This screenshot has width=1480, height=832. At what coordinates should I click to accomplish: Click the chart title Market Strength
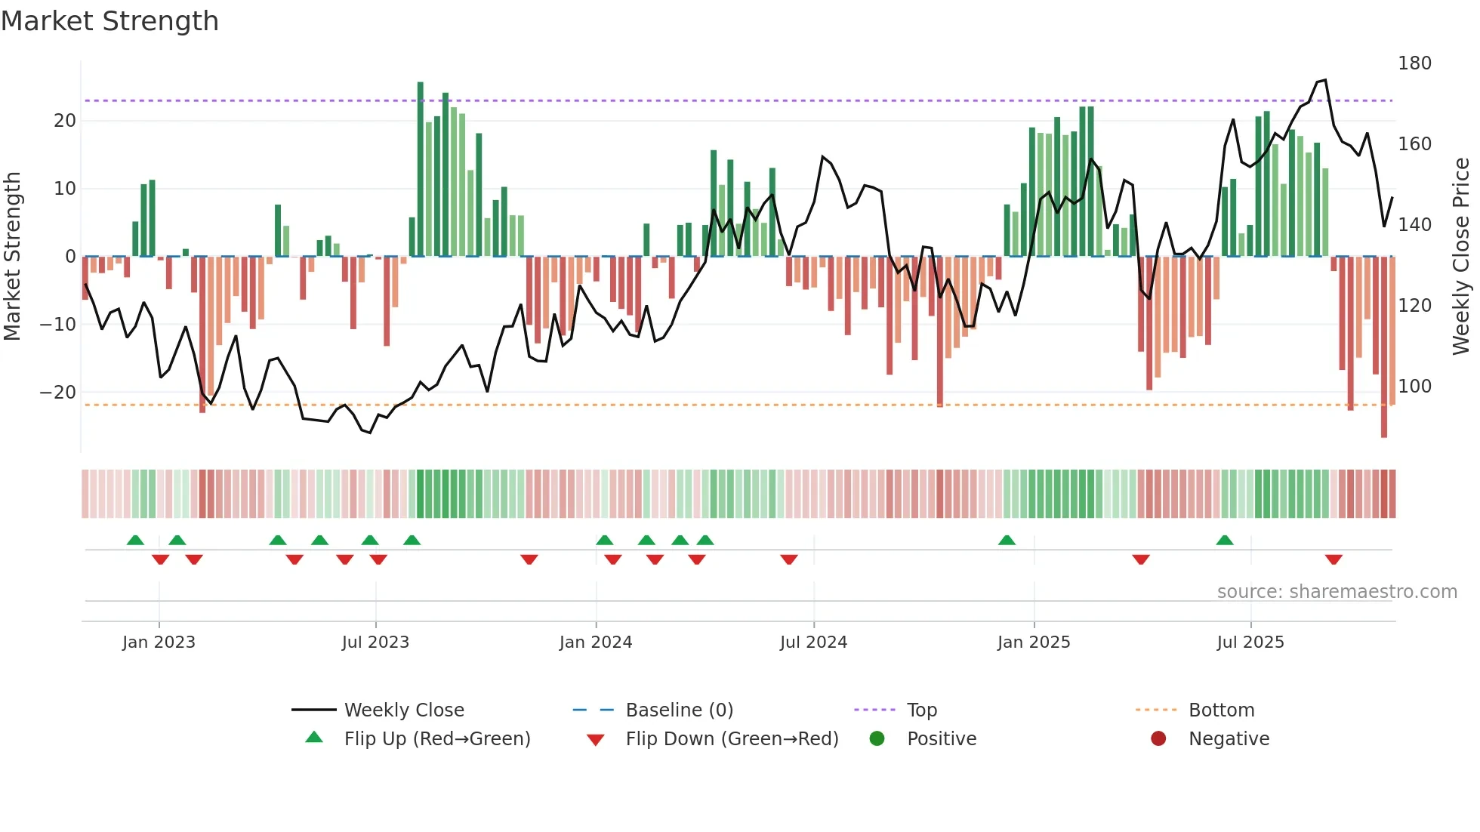point(109,21)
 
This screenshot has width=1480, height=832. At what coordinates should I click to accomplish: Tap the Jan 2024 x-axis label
point(595,642)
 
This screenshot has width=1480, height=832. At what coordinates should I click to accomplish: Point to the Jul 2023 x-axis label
point(375,642)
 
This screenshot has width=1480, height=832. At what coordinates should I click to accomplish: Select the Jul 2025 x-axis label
point(1250,642)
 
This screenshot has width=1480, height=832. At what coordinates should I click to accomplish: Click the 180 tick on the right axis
point(1414,63)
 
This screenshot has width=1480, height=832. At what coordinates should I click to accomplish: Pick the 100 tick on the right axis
point(1414,387)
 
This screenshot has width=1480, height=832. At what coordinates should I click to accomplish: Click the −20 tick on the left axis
point(58,393)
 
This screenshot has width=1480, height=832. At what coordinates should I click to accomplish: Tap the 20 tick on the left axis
point(65,121)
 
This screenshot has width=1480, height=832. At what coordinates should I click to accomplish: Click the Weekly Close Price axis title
point(1461,257)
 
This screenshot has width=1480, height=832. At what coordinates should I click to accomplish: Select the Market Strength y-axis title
point(13,257)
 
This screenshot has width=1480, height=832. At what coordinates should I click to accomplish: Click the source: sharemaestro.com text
point(1337,592)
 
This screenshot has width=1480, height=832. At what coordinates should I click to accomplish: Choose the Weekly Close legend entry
point(404,710)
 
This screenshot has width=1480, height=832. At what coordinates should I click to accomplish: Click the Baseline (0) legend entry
point(679,710)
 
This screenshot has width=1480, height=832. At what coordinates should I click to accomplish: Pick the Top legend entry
point(921,710)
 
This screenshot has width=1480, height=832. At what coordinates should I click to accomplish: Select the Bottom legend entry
point(1221,710)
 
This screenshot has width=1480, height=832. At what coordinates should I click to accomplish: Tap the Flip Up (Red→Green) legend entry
point(436,739)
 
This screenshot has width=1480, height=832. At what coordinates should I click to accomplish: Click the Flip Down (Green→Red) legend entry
point(732,739)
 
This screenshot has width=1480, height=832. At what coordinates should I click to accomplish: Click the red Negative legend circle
point(1158,739)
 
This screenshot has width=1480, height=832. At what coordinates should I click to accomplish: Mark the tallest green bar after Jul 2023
point(421,169)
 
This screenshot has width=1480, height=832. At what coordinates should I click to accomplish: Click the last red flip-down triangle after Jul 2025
point(1334,559)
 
